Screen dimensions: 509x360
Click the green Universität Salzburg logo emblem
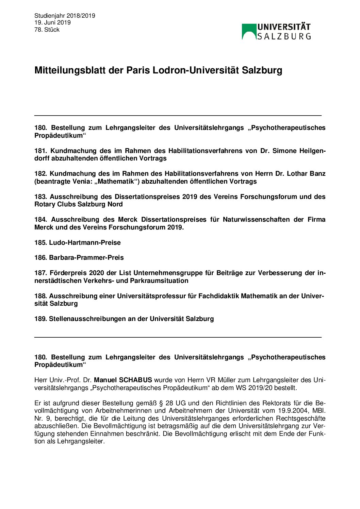tap(249, 31)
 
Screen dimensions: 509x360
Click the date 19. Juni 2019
tap(52, 22)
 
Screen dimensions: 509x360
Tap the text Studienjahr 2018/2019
tap(65, 16)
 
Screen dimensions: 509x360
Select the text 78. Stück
tap(47, 30)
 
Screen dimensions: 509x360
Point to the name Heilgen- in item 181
tap(312, 151)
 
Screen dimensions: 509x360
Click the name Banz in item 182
tap(317, 173)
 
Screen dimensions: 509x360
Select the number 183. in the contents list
tap(40, 197)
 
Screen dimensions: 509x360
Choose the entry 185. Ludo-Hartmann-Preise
tap(78, 242)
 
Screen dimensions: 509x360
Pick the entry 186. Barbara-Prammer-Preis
tap(79, 257)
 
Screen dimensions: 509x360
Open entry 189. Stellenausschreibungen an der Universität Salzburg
tap(124, 319)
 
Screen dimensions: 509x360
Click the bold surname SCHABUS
tap(135, 380)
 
